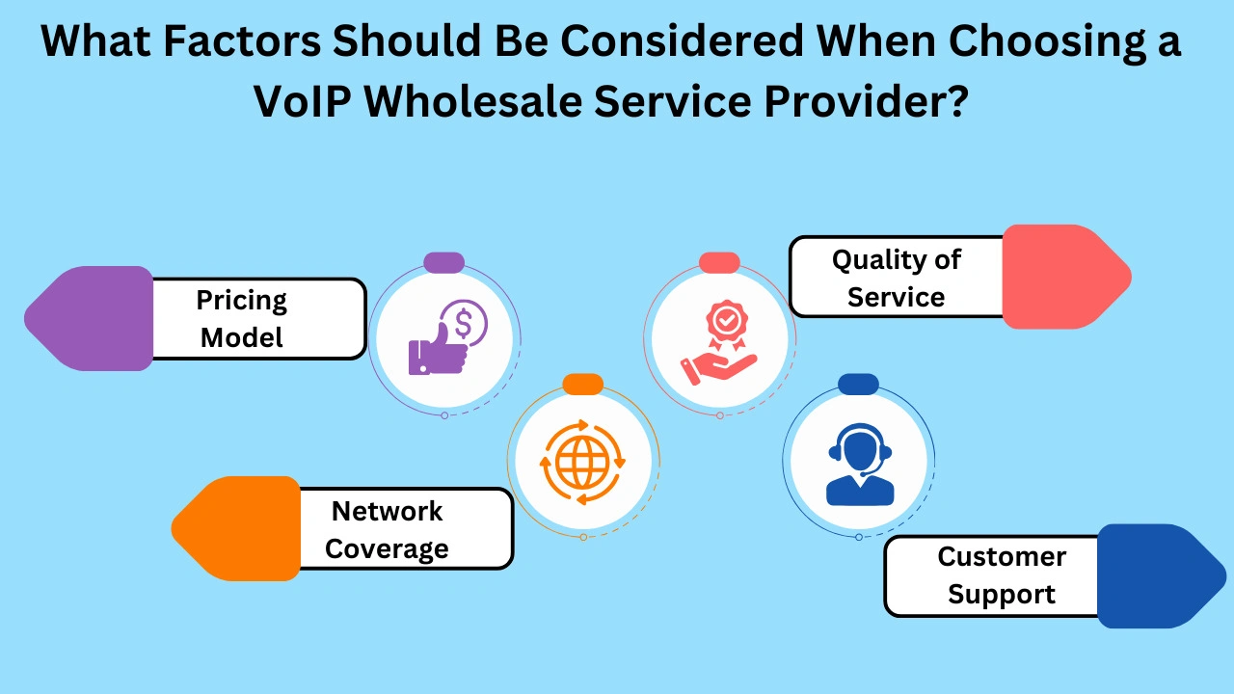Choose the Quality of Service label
(x=897, y=277)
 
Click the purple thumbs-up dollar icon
(x=444, y=338)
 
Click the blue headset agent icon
(x=859, y=465)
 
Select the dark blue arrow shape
(x=1157, y=575)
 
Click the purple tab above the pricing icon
(x=444, y=262)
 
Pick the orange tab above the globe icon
(x=582, y=385)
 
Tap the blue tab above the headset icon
(x=858, y=385)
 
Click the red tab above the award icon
(x=719, y=262)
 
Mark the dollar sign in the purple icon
(x=463, y=323)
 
